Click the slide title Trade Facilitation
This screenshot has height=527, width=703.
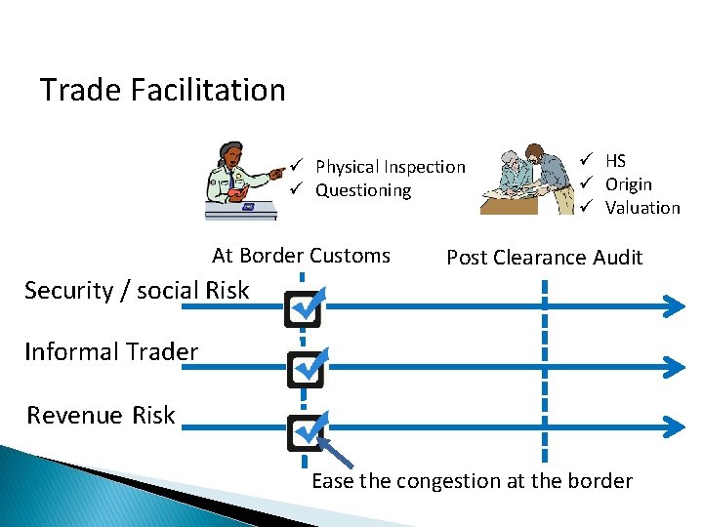click(162, 90)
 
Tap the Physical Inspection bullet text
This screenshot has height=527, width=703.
click(390, 167)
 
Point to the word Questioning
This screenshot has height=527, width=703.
click(363, 190)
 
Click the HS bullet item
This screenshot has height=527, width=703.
click(615, 161)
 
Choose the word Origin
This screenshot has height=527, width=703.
click(628, 184)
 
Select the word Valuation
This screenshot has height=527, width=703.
click(641, 208)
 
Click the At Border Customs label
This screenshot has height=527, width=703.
click(301, 256)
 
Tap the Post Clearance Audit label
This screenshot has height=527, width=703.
click(544, 258)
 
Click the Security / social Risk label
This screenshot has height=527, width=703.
click(137, 290)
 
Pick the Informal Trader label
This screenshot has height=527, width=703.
click(111, 351)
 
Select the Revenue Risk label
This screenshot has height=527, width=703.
click(101, 415)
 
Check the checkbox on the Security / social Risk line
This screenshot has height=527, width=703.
click(304, 307)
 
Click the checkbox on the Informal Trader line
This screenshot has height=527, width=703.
click(304, 368)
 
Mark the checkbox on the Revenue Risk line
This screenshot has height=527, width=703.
click(304, 430)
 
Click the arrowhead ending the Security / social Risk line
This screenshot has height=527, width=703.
click(674, 307)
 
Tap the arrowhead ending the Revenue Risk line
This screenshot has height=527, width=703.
click(674, 426)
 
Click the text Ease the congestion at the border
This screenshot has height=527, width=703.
click(472, 481)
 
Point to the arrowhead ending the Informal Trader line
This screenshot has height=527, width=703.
click(674, 366)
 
